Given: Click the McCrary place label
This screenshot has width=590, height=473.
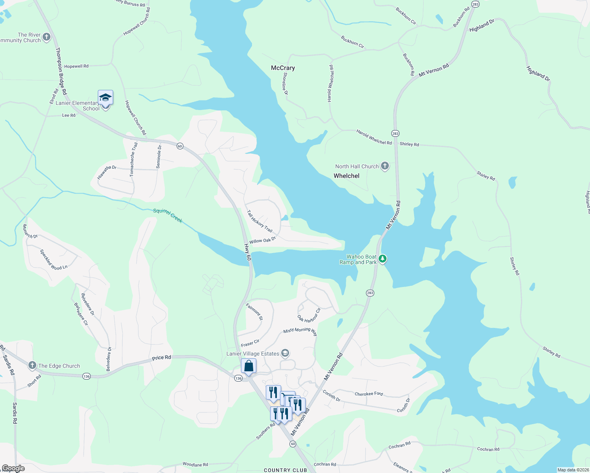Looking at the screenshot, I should tap(283, 68).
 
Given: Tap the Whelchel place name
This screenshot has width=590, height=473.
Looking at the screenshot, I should tap(346, 176).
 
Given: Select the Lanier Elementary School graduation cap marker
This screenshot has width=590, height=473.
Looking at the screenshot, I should tap(106, 97).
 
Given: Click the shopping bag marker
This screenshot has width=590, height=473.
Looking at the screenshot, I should tap(249, 366).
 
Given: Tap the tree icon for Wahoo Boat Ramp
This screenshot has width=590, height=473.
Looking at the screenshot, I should tap(382, 259).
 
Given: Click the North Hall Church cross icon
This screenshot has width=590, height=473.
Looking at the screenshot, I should tap(385, 166).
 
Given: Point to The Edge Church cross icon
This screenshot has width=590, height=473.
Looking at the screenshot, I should tap(32, 366).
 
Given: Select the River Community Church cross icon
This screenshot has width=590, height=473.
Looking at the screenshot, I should tap(47, 37).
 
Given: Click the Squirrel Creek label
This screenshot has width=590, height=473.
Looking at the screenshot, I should tap(168, 216).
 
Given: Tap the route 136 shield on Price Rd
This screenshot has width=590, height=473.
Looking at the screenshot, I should tap(86, 376).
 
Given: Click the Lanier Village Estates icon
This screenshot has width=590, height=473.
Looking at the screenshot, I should tap(286, 354).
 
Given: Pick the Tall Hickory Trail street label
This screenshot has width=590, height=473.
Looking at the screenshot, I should tap(260, 221).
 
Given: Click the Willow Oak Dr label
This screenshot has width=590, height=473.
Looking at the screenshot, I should tap(262, 240).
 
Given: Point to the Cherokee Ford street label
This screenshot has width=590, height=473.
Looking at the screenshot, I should tap(369, 394).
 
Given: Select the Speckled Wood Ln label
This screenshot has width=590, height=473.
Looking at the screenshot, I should tap(54, 259).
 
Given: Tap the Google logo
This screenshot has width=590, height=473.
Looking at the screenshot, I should tap(13, 468).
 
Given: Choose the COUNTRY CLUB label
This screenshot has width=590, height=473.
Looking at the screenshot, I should tap(285, 470).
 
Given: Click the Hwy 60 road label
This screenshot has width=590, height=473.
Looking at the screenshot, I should tap(247, 252).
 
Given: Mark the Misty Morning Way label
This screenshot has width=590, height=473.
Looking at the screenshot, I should tap(300, 331).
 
